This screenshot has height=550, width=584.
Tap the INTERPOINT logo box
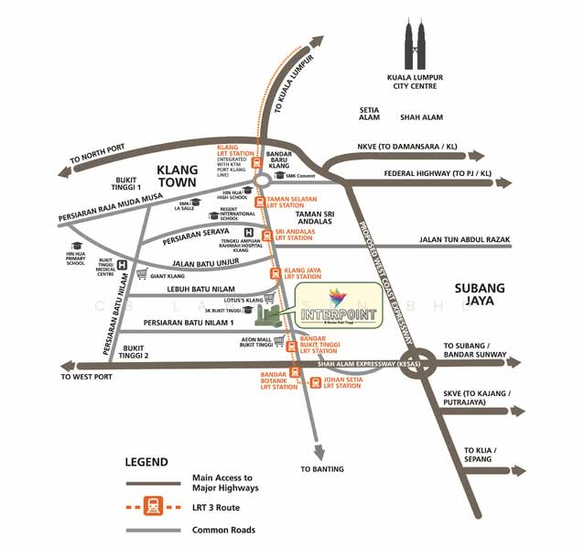click(x=344, y=307)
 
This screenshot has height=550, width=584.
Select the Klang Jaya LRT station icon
click(x=274, y=273)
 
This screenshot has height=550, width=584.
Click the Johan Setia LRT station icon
click(x=316, y=382)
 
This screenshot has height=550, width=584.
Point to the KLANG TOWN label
click(x=185, y=176)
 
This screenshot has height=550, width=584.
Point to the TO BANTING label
click(x=322, y=469)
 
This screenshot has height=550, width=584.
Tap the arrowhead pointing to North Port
click(x=64, y=170)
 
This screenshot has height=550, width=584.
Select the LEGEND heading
click(x=146, y=462)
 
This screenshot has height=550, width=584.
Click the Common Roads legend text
click(x=223, y=530)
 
